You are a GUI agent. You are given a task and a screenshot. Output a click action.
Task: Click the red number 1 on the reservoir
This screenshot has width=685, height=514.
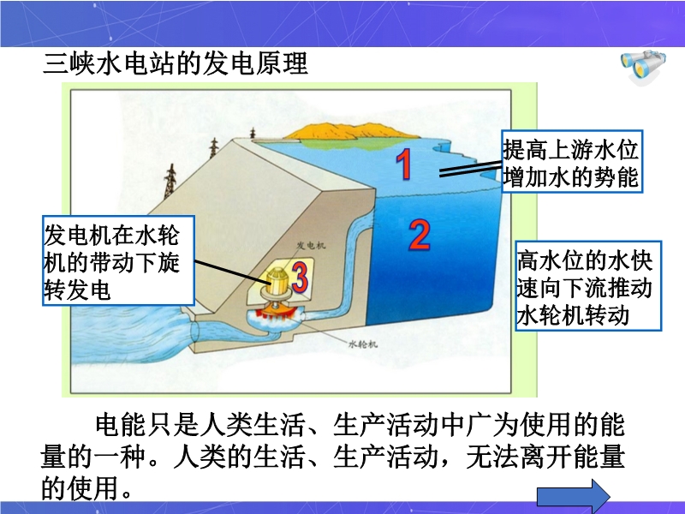(404, 164)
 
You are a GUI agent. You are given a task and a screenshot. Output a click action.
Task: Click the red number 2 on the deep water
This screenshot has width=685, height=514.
(420, 234)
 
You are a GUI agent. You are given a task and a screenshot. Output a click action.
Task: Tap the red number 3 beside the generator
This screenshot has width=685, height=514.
(300, 277)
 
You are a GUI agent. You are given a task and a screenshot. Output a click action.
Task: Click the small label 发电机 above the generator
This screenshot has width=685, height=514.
(311, 245)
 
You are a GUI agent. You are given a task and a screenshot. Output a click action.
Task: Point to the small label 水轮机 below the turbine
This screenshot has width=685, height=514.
(362, 344)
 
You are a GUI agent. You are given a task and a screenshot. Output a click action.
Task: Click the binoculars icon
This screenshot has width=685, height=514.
(643, 67)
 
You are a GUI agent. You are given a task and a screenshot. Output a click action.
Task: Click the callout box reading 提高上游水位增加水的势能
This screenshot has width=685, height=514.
(571, 161)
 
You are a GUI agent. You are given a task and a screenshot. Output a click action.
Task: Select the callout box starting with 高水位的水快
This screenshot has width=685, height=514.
(588, 285)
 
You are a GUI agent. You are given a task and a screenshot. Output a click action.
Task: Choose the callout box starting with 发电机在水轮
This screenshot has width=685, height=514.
(118, 260)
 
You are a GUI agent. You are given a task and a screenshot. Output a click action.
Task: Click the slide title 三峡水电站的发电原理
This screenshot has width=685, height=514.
(176, 63)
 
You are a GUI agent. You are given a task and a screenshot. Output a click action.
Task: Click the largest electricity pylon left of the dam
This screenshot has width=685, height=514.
(170, 181)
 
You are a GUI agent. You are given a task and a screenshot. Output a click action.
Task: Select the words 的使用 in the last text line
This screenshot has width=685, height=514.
(80, 487)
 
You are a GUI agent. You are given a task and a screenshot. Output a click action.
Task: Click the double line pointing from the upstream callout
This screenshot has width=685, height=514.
(470, 169)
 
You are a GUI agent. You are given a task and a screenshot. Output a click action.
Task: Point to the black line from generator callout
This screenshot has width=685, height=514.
(229, 270)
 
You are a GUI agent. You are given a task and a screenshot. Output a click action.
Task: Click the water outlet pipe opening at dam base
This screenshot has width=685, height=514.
(195, 332)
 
